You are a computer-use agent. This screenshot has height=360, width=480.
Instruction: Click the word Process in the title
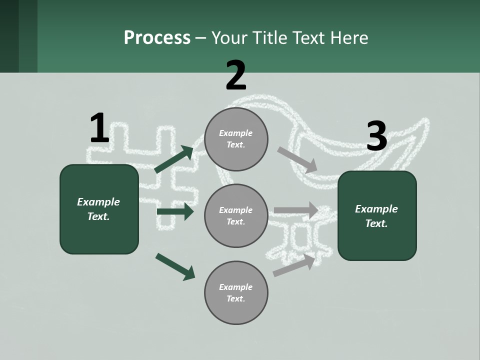pyautogui.click(x=157, y=38)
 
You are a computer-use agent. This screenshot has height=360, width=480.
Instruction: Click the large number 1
pyautogui.click(x=100, y=127)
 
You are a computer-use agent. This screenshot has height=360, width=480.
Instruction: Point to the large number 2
pyautogui.click(x=236, y=75)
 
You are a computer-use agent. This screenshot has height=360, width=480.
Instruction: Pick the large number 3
pyautogui.click(x=377, y=135)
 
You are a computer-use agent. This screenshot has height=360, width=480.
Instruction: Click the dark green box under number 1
pyautogui.click(x=99, y=209)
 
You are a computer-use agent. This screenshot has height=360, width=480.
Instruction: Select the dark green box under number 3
pyautogui.click(x=377, y=216)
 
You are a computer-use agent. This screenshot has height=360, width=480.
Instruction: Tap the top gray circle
pyautogui.click(x=236, y=139)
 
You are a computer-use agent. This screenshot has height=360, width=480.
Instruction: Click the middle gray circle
pyautogui.click(x=236, y=216)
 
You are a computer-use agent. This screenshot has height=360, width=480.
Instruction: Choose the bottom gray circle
pyautogui.click(x=236, y=292)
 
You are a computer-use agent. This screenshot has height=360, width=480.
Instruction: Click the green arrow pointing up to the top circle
pyautogui.click(x=174, y=159)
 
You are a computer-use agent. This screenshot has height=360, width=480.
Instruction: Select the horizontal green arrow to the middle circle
pyautogui.click(x=175, y=211)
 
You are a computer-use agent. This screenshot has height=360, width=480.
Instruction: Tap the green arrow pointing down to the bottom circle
pyautogui.click(x=175, y=266)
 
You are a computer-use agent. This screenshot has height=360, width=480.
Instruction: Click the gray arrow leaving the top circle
pyautogui.click(x=297, y=160)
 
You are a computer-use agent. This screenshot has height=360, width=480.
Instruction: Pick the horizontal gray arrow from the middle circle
pyautogui.click(x=296, y=210)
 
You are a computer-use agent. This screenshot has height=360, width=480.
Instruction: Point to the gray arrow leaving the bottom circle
pyautogui.click(x=294, y=265)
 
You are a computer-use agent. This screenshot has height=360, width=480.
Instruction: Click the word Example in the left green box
pyautogui.click(x=98, y=202)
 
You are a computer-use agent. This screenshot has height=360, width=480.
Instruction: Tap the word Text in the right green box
pyautogui.click(x=376, y=223)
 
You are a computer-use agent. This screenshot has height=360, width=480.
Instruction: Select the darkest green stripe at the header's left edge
pyautogui.click(x=9, y=36)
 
